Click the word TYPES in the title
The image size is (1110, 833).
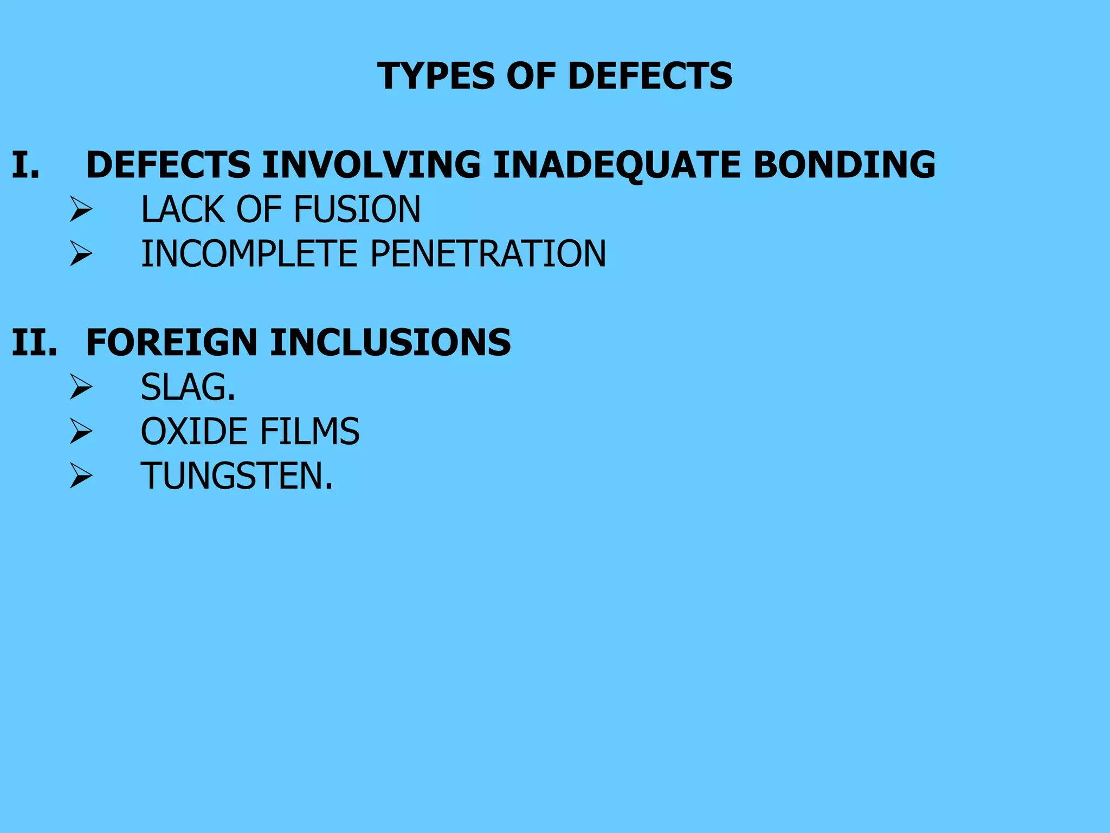point(436,76)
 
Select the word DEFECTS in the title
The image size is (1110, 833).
point(650,76)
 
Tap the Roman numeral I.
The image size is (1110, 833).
point(25,165)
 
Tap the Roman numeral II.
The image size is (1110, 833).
point(34,343)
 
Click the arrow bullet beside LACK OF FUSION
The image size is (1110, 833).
point(81,209)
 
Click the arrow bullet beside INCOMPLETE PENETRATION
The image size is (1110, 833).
point(81,254)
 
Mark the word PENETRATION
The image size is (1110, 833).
point(488,254)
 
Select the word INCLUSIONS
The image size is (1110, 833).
point(390,343)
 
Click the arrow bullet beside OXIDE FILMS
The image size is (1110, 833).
point(81,432)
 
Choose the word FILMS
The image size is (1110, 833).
point(309,432)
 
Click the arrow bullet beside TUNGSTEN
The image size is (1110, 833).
point(81,476)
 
